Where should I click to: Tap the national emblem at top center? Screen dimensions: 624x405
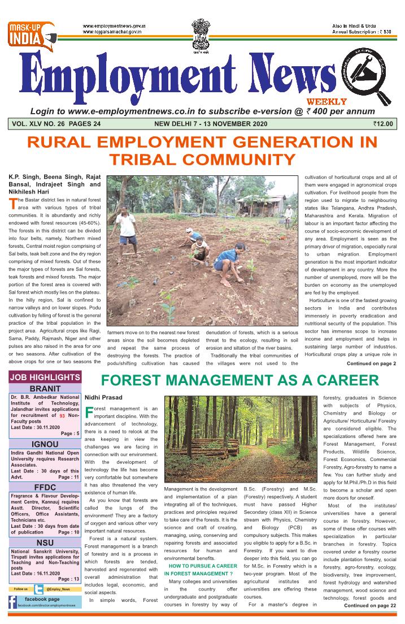click(202, 34)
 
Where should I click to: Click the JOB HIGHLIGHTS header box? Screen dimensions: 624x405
click(45, 377)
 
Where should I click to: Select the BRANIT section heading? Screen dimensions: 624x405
click(45, 389)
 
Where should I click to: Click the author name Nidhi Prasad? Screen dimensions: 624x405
click(104, 398)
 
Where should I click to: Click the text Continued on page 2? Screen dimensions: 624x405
click(371, 363)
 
